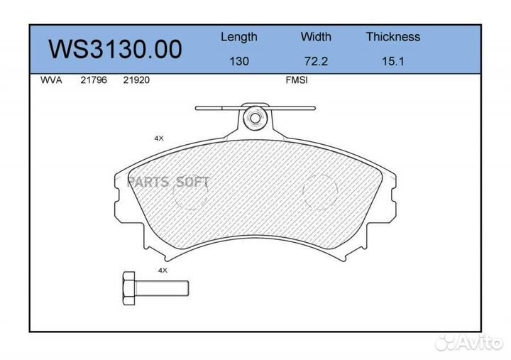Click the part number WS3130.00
(x=115, y=49)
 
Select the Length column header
(x=238, y=37)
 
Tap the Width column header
(x=316, y=37)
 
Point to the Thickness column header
(x=392, y=37)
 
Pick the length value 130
(x=238, y=61)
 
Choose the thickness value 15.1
(x=392, y=61)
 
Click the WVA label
(x=52, y=80)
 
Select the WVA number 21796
(x=94, y=80)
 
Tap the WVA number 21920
(x=136, y=80)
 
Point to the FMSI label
(x=296, y=80)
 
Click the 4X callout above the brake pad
(x=159, y=138)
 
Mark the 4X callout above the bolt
(x=162, y=271)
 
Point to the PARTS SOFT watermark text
(x=168, y=182)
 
